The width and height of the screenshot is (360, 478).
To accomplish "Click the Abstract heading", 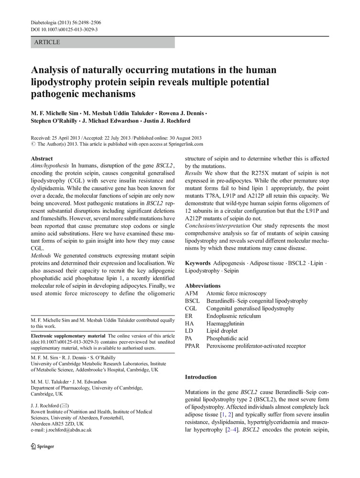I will click(x=42, y=158).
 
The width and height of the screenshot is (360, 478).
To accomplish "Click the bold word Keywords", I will click(x=197, y=263).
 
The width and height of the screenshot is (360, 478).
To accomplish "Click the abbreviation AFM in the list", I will click(x=192, y=293).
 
